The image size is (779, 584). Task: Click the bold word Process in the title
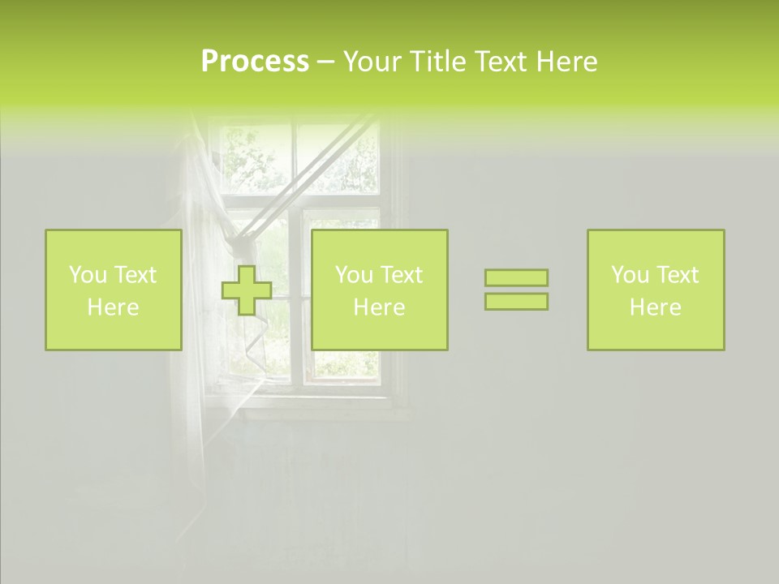click(255, 62)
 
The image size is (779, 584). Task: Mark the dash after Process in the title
click(325, 62)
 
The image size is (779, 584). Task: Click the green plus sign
click(247, 290)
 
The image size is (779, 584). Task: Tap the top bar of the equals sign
click(516, 277)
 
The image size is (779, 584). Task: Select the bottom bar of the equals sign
click(516, 302)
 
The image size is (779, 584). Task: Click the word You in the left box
click(88, 275)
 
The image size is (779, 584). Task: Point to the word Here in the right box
click(656, 307)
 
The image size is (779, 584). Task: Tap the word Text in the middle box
click(403, 275)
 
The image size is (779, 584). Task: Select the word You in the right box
click(630, 275)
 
